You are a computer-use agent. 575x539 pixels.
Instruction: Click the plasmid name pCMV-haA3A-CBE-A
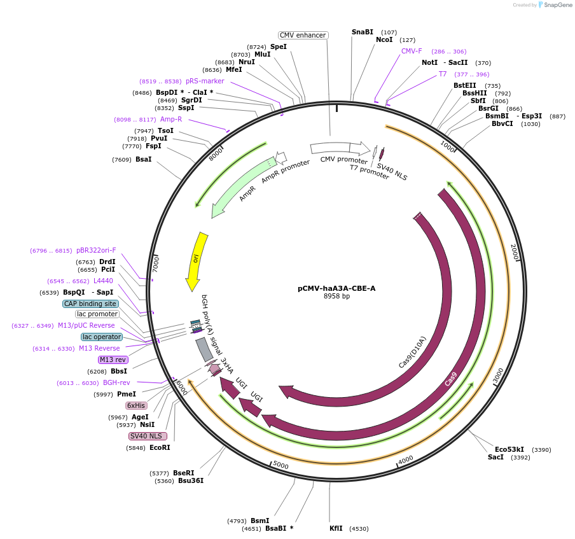point(336,288)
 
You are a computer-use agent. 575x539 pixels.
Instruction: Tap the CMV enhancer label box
point(303,35)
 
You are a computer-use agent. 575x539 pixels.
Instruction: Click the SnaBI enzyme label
point(363,32)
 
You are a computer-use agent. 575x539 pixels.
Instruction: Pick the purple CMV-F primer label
point(412,51)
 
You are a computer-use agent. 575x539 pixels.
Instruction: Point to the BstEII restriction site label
point(464,85)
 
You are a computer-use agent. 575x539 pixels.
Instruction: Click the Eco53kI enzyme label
point(509,449)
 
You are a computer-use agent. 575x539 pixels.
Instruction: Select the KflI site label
point(336,528)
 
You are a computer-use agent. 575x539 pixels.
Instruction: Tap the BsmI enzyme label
point(260,521)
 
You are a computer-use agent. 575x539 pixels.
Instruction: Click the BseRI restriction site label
point(183,473)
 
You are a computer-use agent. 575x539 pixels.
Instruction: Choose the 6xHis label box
point(136,405)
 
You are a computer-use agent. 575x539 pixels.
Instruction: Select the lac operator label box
point(102,337)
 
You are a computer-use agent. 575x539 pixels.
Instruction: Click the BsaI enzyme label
point(143,159)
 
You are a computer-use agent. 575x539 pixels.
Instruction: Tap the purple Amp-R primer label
point(171,119)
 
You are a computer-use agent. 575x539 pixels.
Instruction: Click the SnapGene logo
point(553,5)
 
